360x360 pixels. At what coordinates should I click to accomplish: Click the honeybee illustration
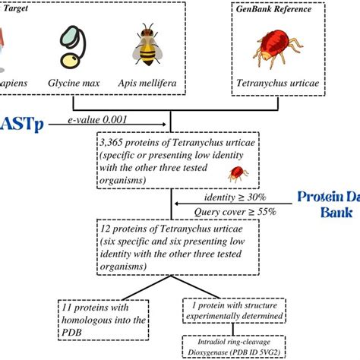(x=147, y=45)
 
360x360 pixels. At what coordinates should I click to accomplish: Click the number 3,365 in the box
(x=115, y=141)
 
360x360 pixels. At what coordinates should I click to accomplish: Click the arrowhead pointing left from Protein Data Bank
(x=175, y=204)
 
